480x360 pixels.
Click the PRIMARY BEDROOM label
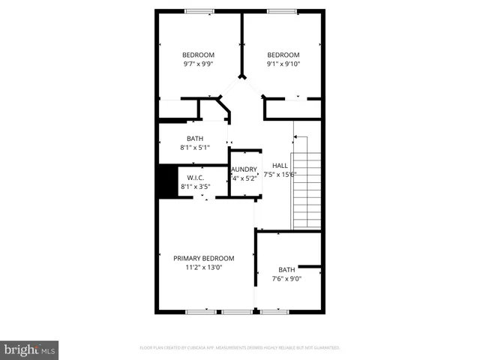[203, 258]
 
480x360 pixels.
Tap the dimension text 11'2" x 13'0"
[203, 267]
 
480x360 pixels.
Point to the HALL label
[280, 166]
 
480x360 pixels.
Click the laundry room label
[244, 169]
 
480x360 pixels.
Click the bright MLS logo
[30, 349]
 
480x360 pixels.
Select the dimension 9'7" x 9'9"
[199, 64]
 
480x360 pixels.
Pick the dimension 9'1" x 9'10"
[283, 64]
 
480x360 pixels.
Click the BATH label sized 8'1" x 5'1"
[195, 139]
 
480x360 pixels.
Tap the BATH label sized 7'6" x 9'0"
[286, 270]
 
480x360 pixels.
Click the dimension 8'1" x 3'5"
[195, 186]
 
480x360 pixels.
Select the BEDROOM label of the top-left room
[199, 55]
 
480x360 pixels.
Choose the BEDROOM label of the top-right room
[283, 55]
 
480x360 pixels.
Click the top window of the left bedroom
[199, 10]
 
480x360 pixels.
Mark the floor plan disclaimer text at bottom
[240, 348]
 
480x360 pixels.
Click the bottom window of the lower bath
[274, 310]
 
